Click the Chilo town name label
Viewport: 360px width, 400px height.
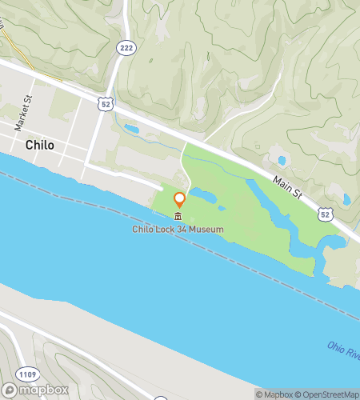40,146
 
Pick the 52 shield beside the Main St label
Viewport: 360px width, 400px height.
324,214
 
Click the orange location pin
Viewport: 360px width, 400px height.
179,200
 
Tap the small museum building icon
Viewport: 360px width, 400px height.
178,218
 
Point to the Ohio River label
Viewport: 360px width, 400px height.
343,350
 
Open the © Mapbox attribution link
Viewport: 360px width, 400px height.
274,394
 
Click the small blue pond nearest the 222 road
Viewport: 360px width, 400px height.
131,128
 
